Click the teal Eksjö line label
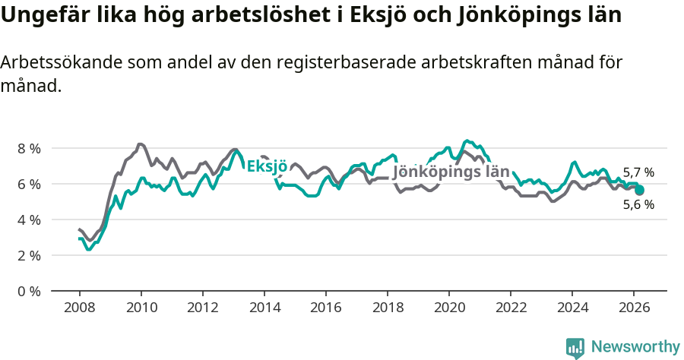[267, 166]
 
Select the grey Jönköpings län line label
[451, 172]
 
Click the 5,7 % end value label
[638, 172]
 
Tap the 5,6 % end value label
[638, 204]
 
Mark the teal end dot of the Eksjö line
[639, 190]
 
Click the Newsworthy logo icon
[575, 347]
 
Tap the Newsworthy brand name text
[635, 347]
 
